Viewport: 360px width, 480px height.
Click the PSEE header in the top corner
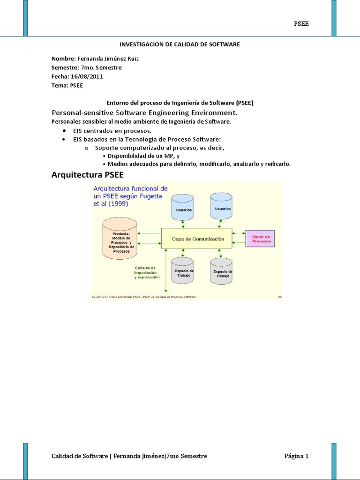coord(301,24)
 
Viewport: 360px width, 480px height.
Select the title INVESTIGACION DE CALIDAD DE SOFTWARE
coord(180,44)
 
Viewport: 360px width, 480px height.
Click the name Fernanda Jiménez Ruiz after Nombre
coord(108,59)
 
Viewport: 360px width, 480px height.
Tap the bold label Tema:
coord(60,85)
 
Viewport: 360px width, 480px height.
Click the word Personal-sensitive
coord(82,113)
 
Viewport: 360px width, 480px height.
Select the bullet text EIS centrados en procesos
coord(112,131)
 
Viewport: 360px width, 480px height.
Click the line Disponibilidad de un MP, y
coord(143,156)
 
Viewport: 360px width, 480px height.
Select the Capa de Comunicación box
coord(197,239)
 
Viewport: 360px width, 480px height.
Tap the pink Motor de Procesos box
coord(260,239)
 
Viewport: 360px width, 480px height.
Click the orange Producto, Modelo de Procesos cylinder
coord(120,238)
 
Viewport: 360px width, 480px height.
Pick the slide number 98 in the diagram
coord(279,297)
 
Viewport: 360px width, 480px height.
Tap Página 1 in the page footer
coord(296,456)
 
